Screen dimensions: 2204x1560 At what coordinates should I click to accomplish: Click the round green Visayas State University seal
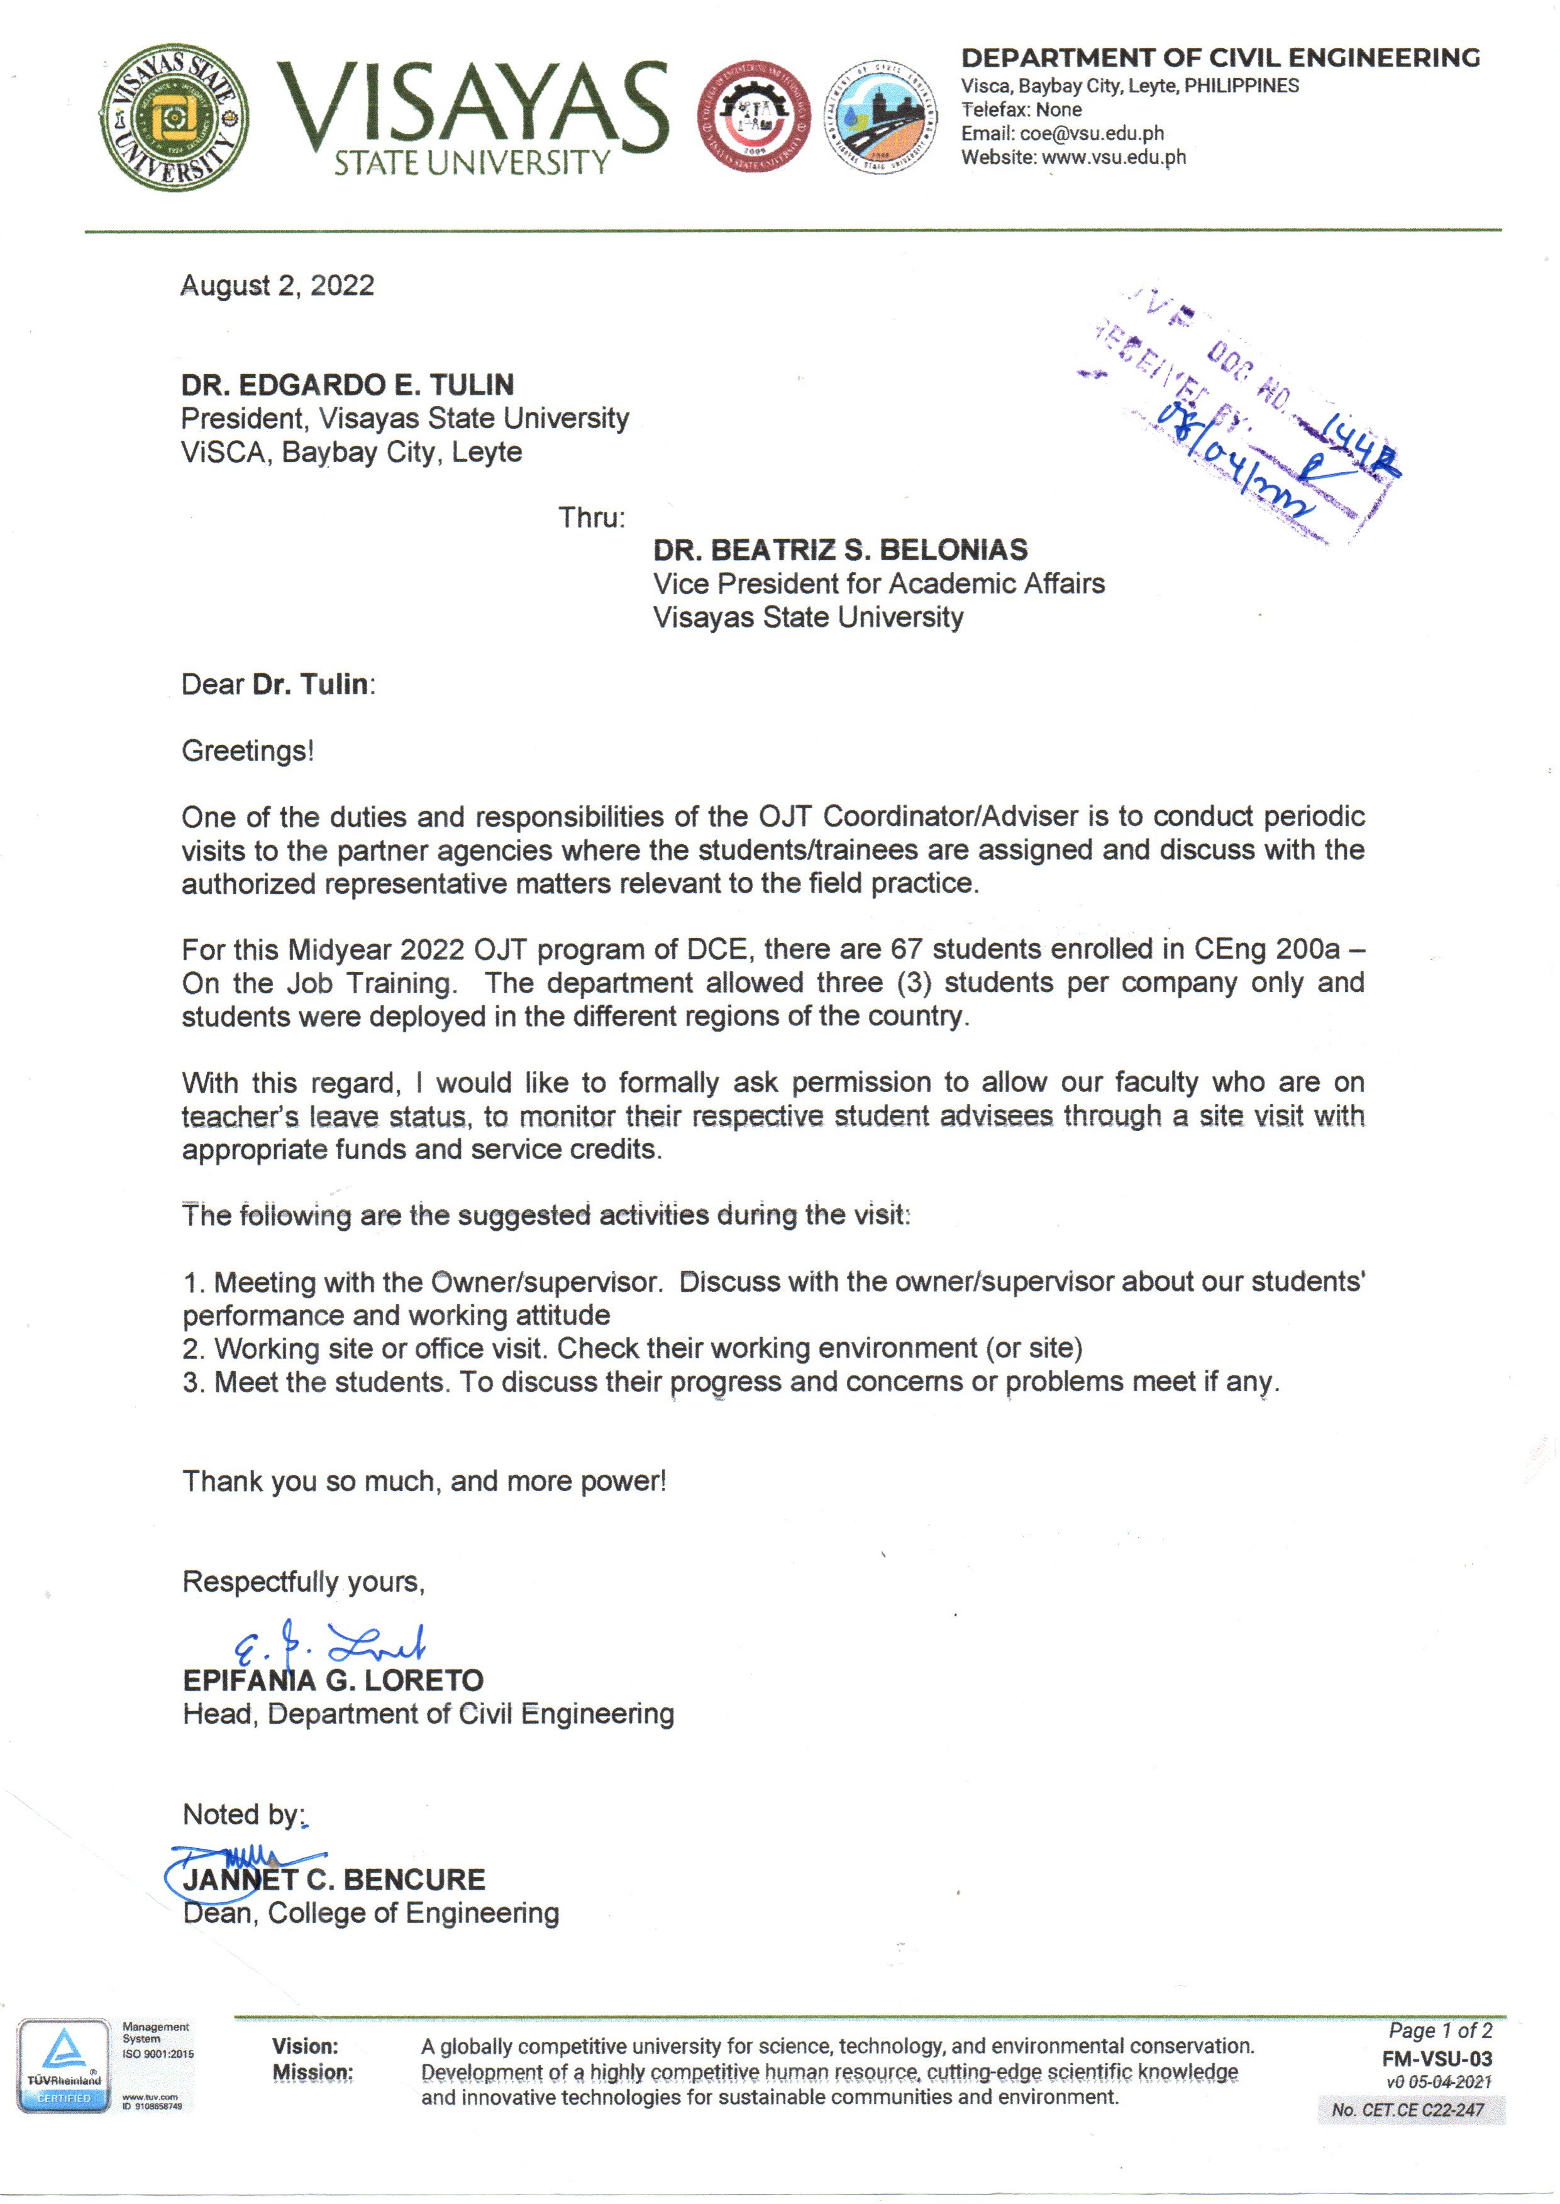pyautogui.click(x=174, y=117)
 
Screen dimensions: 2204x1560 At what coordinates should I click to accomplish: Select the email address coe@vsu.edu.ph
pyautogui.click(x=1091, y=133)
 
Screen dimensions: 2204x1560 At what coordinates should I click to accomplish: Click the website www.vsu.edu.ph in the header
pyautogui.click(x=1114, y=158)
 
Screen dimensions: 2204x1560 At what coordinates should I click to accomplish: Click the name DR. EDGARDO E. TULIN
pyautogui.click(x=347, y=385)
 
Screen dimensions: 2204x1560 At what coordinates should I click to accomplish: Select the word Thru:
pyautogui.click(x=592, y=517)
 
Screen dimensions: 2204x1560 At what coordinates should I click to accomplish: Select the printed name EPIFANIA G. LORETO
pyautogui.click(x=333, y=1680)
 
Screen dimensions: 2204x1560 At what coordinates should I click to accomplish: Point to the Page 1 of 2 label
pyautogui.click(x=1439, y=2030)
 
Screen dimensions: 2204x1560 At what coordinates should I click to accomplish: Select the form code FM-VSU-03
pyautogui.click(x=1436, y=2058)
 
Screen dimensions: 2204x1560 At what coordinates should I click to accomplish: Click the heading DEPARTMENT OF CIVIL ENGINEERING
pyautogui.click(x=1220, y=58)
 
